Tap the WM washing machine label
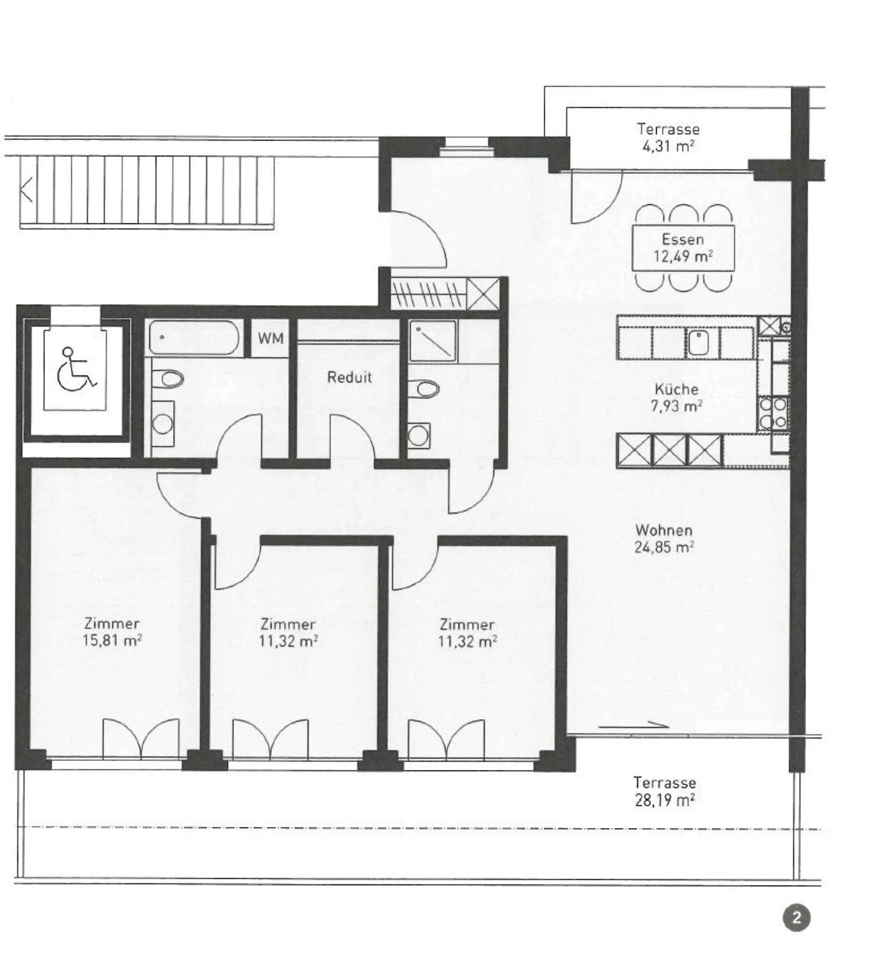click(x=270, y=338)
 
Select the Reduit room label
click(x=349, y=377)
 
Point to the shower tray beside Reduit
click(x=433, y=339)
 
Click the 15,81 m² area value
click(x=113, y=640)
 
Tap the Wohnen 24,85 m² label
click(x=664, y=539)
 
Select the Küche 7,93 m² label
click(x=676, y=397)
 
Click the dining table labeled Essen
click(x=682, y=248)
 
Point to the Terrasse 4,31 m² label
click(x=668, y=138)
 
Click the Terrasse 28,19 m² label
click(x=664, y=791)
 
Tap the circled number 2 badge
click(x=796, y=917)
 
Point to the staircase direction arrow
click(x=27, y=192)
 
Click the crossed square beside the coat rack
click(x=484, y=294)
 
